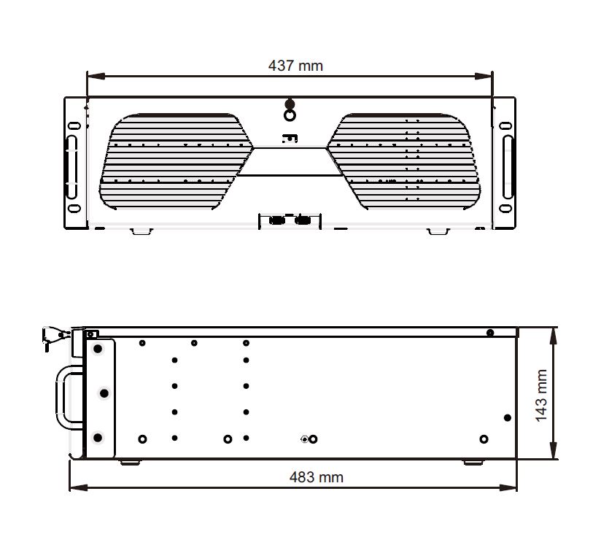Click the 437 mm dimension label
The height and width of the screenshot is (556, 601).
295,66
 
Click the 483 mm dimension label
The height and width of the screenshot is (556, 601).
317,477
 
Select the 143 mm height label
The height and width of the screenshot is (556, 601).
540,395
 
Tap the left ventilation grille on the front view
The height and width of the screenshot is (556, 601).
176,161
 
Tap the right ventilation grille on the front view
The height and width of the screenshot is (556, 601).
403,161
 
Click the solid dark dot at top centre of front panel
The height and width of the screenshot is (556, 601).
290,104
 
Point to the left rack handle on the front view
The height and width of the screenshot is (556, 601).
71,167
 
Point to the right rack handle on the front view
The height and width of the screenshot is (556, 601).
508,167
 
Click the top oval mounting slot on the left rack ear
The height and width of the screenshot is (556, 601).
74,126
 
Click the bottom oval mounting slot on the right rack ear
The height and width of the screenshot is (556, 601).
505,208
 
